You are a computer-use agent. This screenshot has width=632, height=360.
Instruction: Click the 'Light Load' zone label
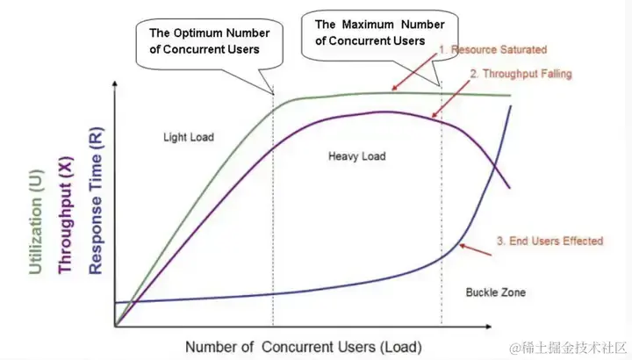click(x=188, y=137)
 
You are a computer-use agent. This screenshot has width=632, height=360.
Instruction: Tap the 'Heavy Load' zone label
click(x=357, y=156)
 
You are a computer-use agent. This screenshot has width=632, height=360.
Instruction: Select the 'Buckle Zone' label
click(x=495, y=292)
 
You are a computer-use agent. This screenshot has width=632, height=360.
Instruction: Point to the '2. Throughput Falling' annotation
click(x=521, y=74)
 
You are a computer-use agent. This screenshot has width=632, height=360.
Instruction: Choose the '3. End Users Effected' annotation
click(x=549, y=241)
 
